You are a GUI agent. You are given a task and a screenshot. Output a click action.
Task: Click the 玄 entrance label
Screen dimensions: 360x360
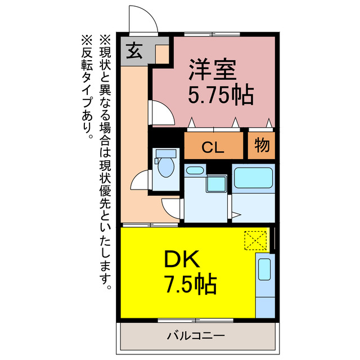pos(133,51)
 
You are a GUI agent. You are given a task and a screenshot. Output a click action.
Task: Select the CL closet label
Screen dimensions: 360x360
pos(214,147)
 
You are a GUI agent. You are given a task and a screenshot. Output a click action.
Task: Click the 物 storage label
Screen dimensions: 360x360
pos(262,146)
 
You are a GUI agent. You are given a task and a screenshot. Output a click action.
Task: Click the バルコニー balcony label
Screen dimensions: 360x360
pos(196,336)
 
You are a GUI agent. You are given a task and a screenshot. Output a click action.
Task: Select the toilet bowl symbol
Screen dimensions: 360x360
pos(166,167)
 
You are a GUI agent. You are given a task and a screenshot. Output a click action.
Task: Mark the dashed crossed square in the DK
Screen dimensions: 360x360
pos(255,241)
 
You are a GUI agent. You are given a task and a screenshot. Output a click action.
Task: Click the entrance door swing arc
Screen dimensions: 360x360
pos(143,21)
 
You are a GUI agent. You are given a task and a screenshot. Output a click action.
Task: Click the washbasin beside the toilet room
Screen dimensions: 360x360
pos(195,171)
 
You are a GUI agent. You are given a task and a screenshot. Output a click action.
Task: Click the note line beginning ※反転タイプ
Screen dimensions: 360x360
pos(87,87)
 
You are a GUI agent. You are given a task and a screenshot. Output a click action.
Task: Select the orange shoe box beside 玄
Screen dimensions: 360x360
pos(161,54)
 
